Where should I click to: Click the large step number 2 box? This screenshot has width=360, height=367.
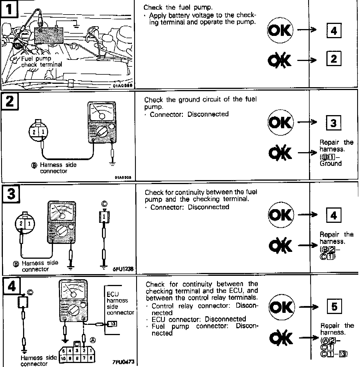click(10, 101)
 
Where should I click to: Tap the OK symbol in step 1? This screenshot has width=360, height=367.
click(280, 30)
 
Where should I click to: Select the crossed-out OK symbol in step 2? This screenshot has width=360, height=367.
click(280, 153)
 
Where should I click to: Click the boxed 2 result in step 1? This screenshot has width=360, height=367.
click(334, 59)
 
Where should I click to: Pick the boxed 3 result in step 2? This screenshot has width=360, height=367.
click(334, 123)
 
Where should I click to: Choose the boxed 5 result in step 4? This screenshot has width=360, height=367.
click(334, 307)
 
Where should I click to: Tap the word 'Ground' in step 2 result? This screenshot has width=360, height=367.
click(330, 164)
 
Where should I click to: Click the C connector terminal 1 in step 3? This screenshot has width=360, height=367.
click(104, 217)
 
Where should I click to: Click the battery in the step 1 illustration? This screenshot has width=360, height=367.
click(48, 36)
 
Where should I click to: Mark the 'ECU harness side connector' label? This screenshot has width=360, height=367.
click(120, 303)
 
